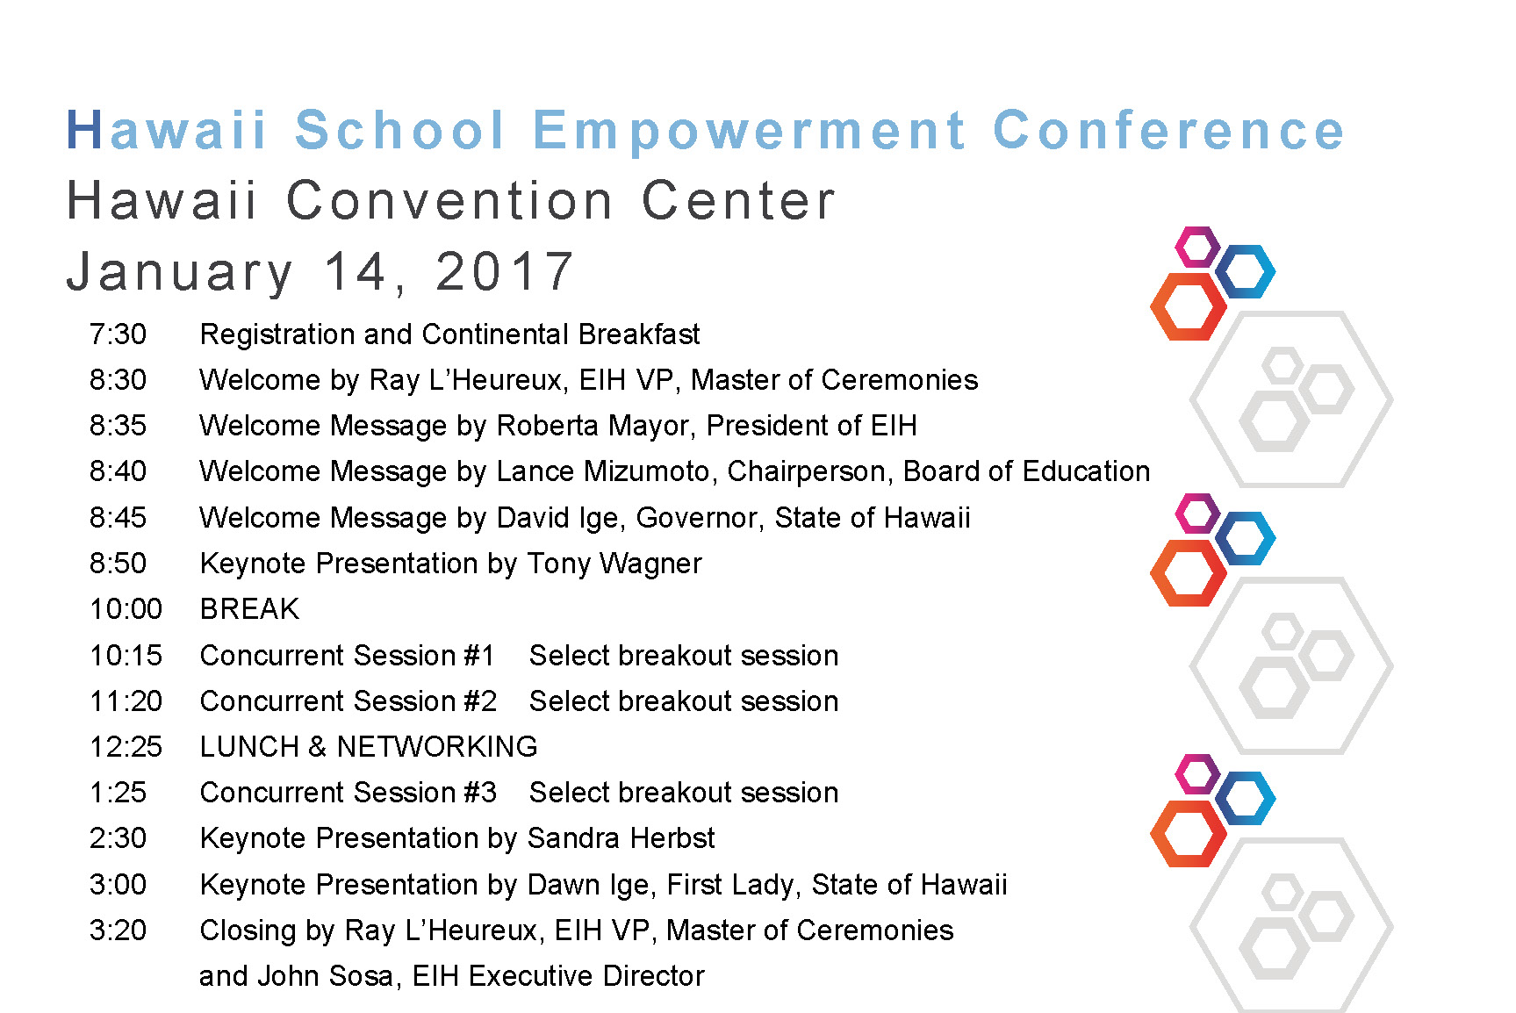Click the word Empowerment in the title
pos(749,132)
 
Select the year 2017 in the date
pos(505,271)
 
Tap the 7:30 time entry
pos(118,334)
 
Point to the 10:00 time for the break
pos(126,609)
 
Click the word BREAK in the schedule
pos(249,609)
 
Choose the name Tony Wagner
pos(614,564)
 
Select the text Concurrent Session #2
pos(348,701)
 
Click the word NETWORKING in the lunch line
pos(437,747)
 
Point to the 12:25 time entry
pos(126,747)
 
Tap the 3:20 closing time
pos(118,930)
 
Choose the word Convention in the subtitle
pos(450,201)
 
